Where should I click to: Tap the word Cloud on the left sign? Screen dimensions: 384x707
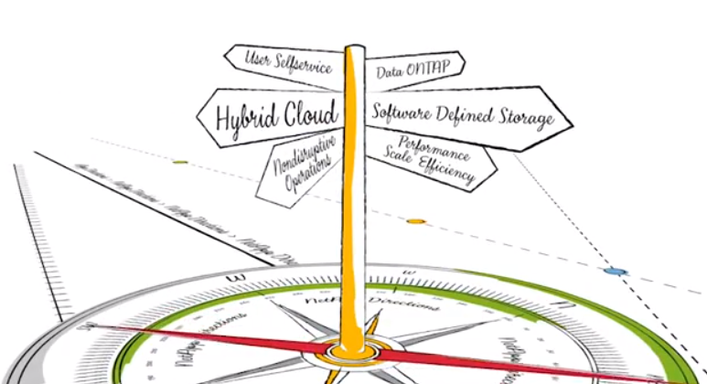pyautogui.click(x=308, y=114)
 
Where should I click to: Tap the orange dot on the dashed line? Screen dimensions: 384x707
pyautogui.click(x=416, y=221)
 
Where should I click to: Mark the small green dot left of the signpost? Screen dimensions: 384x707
pyautogui.click(x=180, y=162)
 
